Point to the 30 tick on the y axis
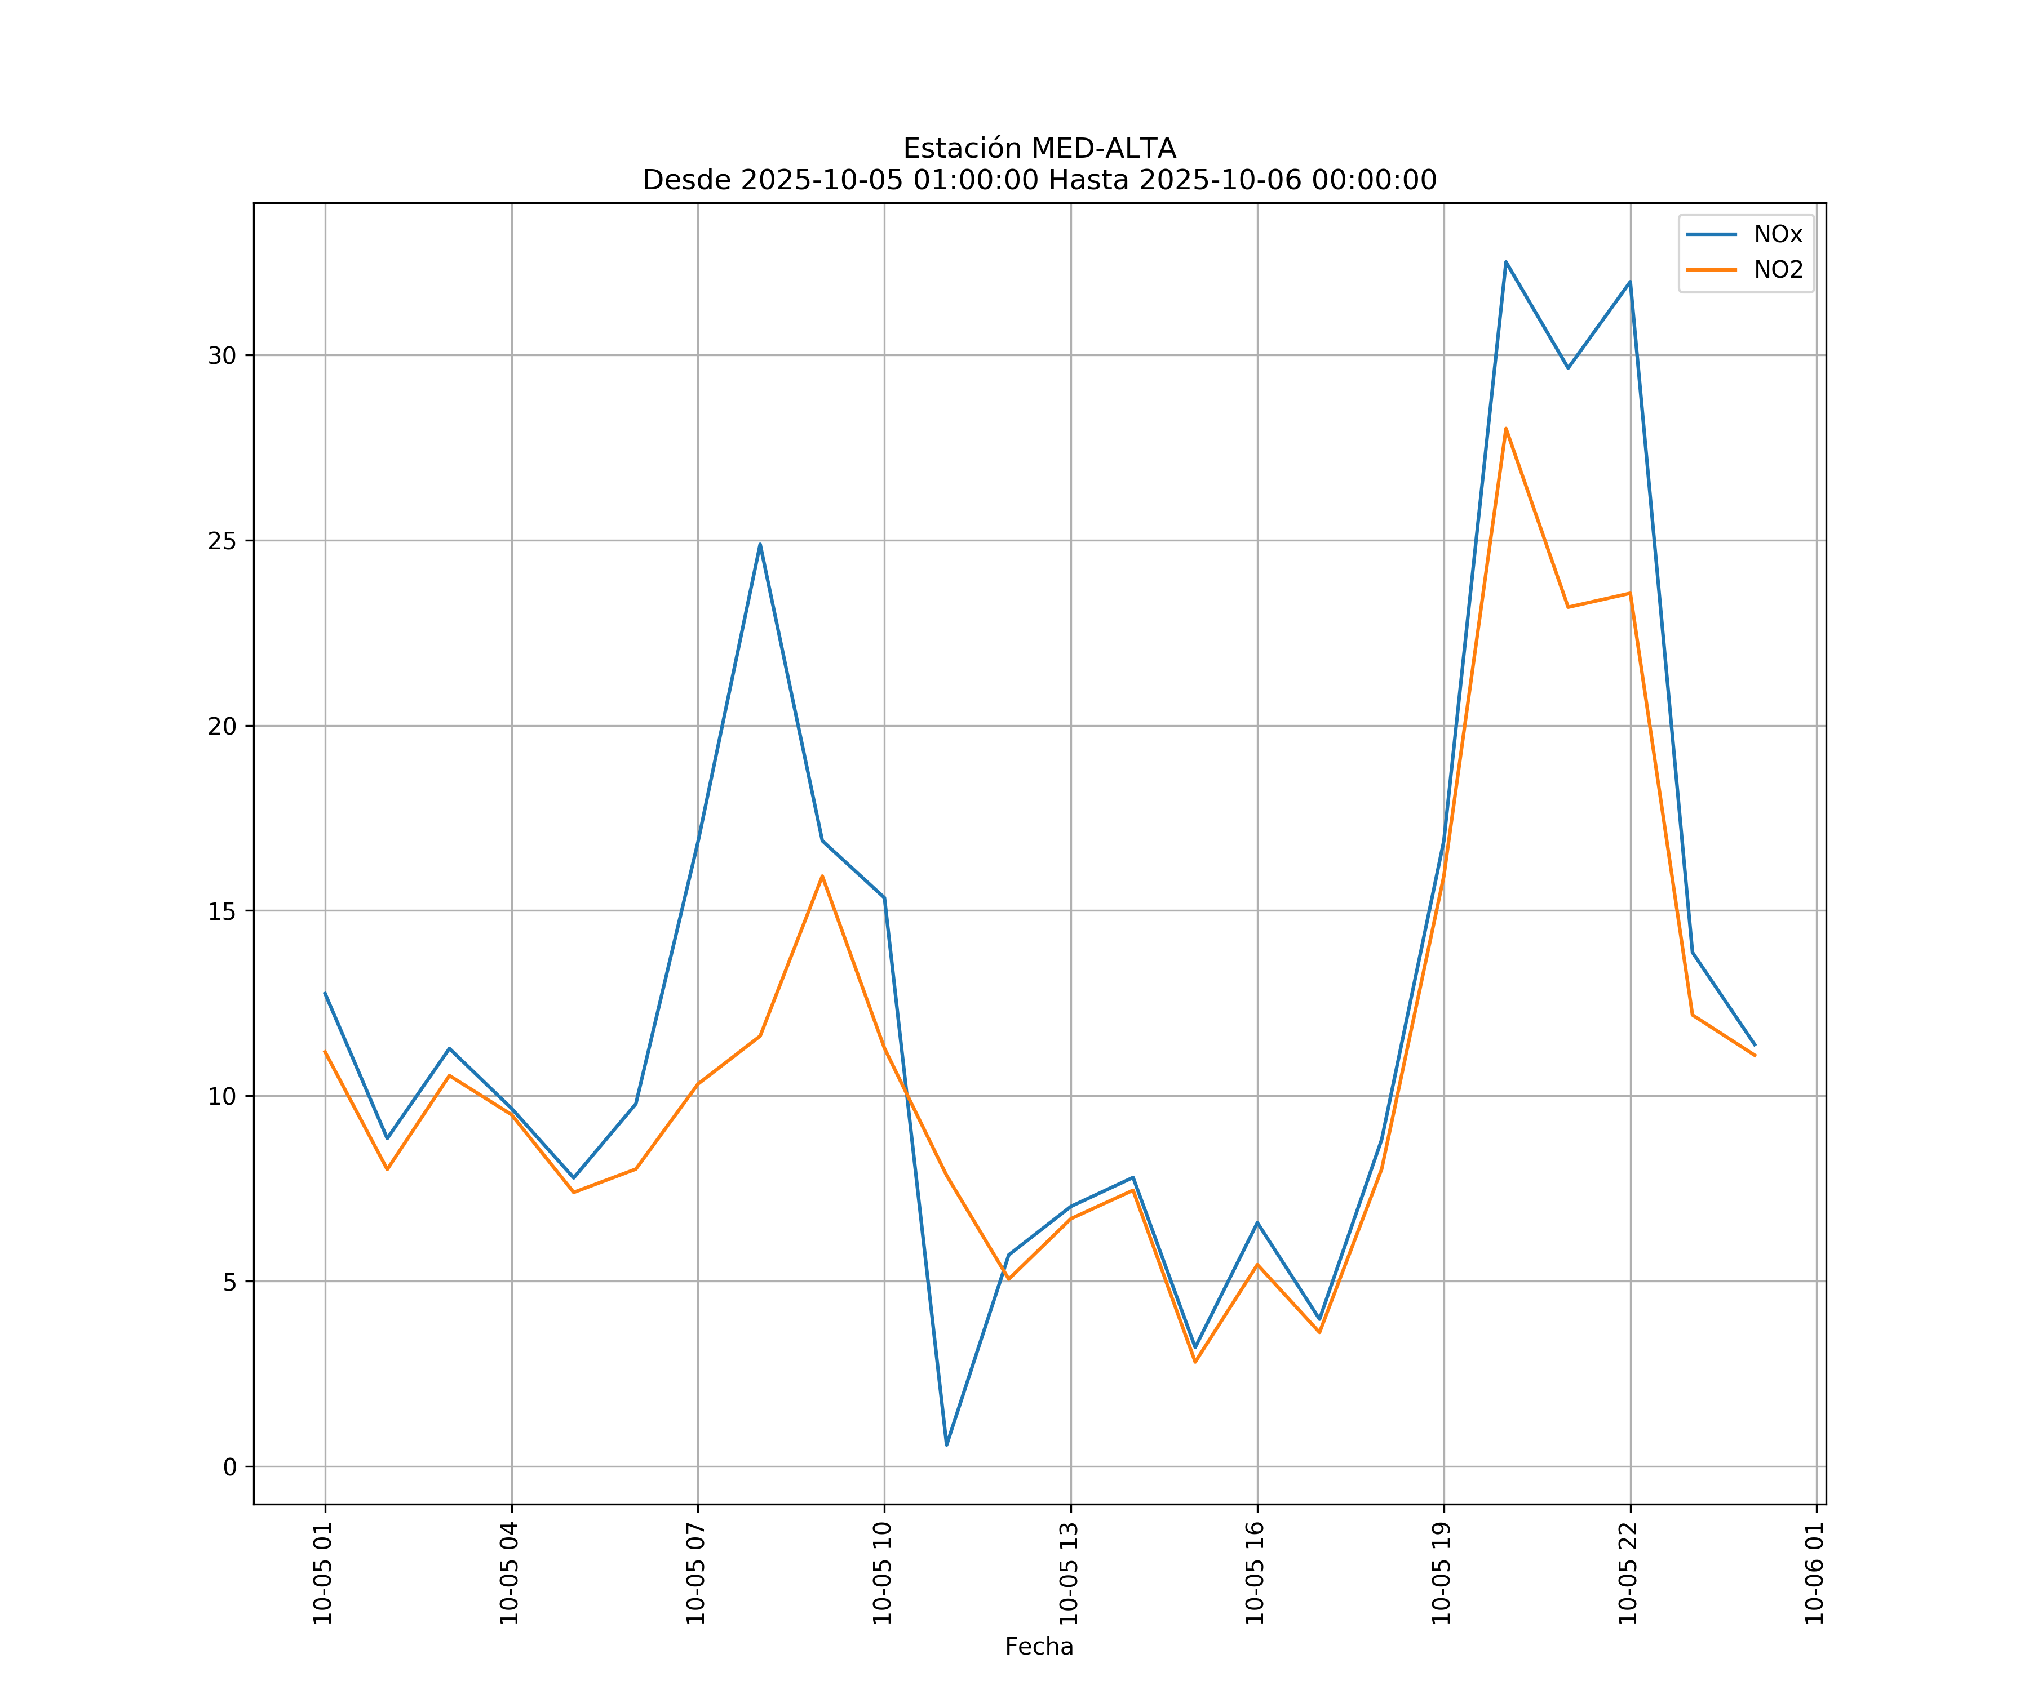click(x=222, y=355)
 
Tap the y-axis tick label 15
click(x=222, y=911)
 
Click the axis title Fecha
click(x=1039, y=1647)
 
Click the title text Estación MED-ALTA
click(x=1039, y=149)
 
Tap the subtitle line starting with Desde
click(x=1039, y=180)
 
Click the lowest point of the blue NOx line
click(x=947, y=1445)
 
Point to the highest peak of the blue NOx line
click(x=1505, y=262)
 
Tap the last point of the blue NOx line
click(x=1755, y=1045)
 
